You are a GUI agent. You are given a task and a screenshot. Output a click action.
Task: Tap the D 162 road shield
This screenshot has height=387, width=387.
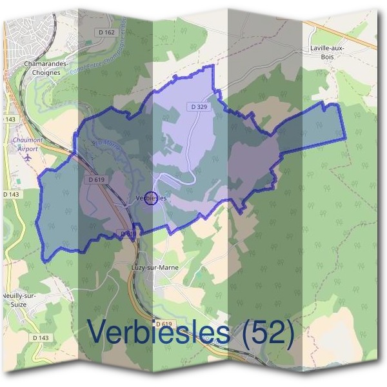pos(108,32)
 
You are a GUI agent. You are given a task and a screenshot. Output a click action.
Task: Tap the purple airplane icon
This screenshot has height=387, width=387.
pos(27,156)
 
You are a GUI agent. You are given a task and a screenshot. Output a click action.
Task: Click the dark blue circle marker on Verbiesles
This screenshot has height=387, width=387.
pos(150,199)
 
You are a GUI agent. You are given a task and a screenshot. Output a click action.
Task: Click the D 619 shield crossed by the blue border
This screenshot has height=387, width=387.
pos(128,233)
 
